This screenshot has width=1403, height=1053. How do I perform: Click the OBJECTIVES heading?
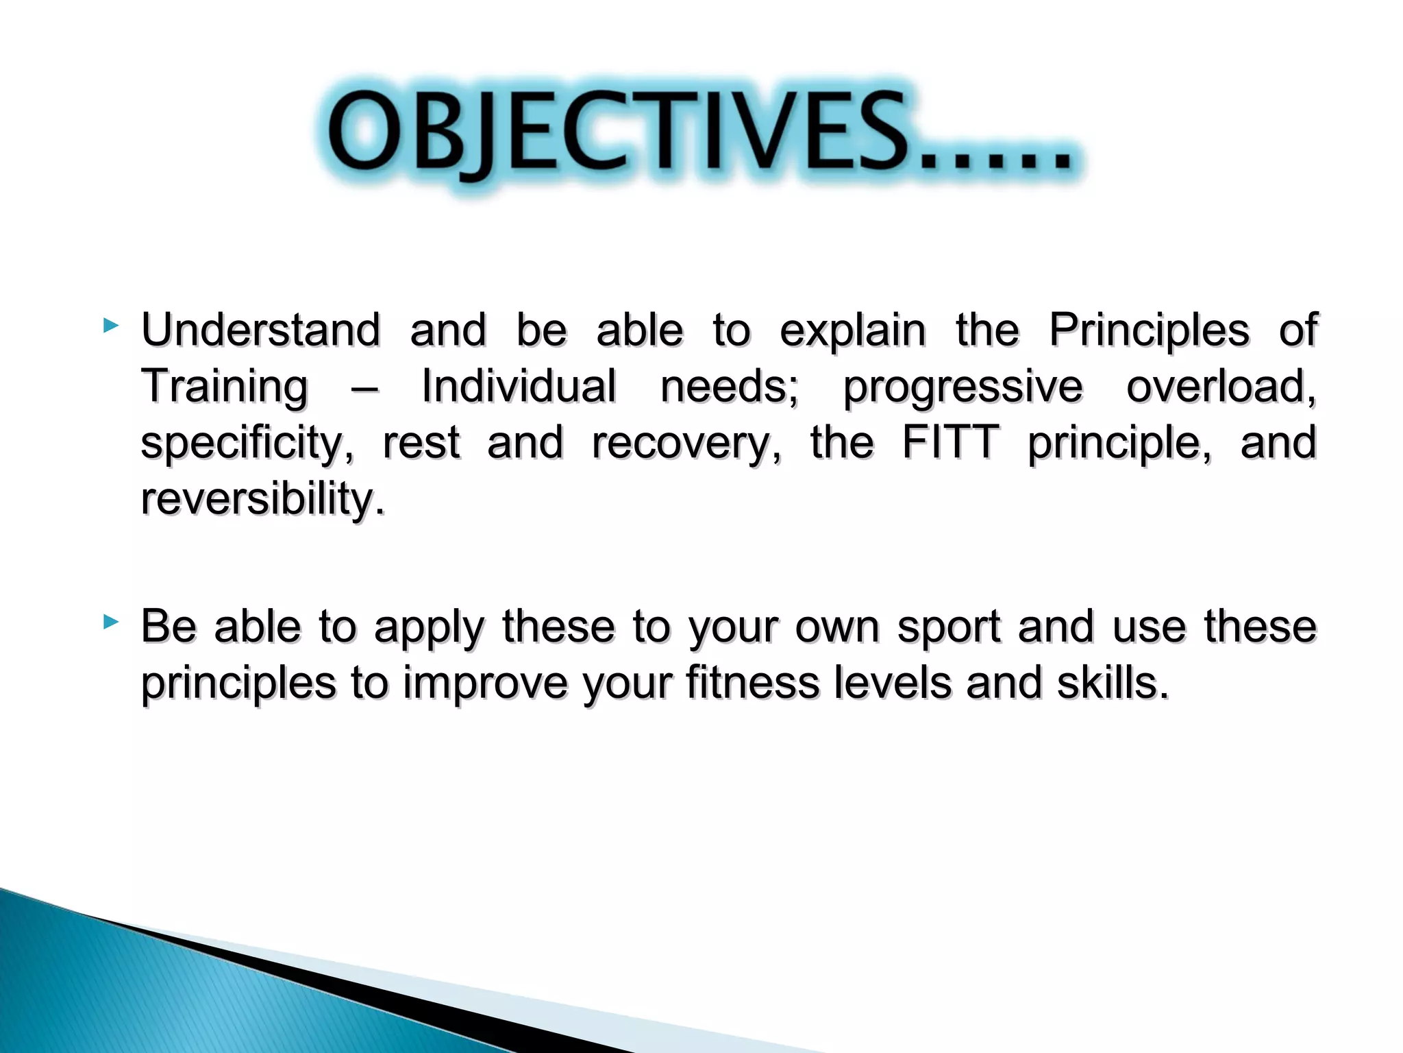click(x=699, y=134)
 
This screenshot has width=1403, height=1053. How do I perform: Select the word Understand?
click(x=260, y=330)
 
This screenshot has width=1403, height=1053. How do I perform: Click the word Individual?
click(x=519, y=387)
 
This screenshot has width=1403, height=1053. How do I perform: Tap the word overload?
click(x=1220, y=387)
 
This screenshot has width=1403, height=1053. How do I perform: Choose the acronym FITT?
click(x=949, y=443)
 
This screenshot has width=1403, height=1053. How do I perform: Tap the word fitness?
click(x=752, y=683)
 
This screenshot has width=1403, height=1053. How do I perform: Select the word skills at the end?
click(x=1111, y=683)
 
